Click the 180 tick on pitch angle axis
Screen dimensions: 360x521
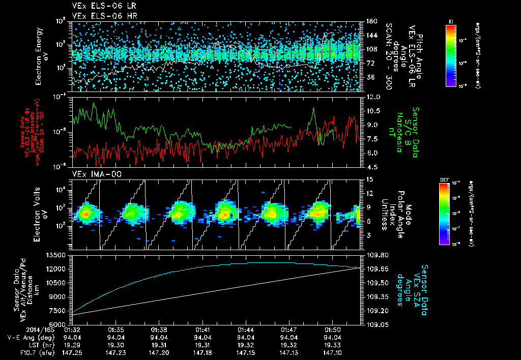click(371, 21)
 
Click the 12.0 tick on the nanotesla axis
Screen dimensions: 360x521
click(373, 97)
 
